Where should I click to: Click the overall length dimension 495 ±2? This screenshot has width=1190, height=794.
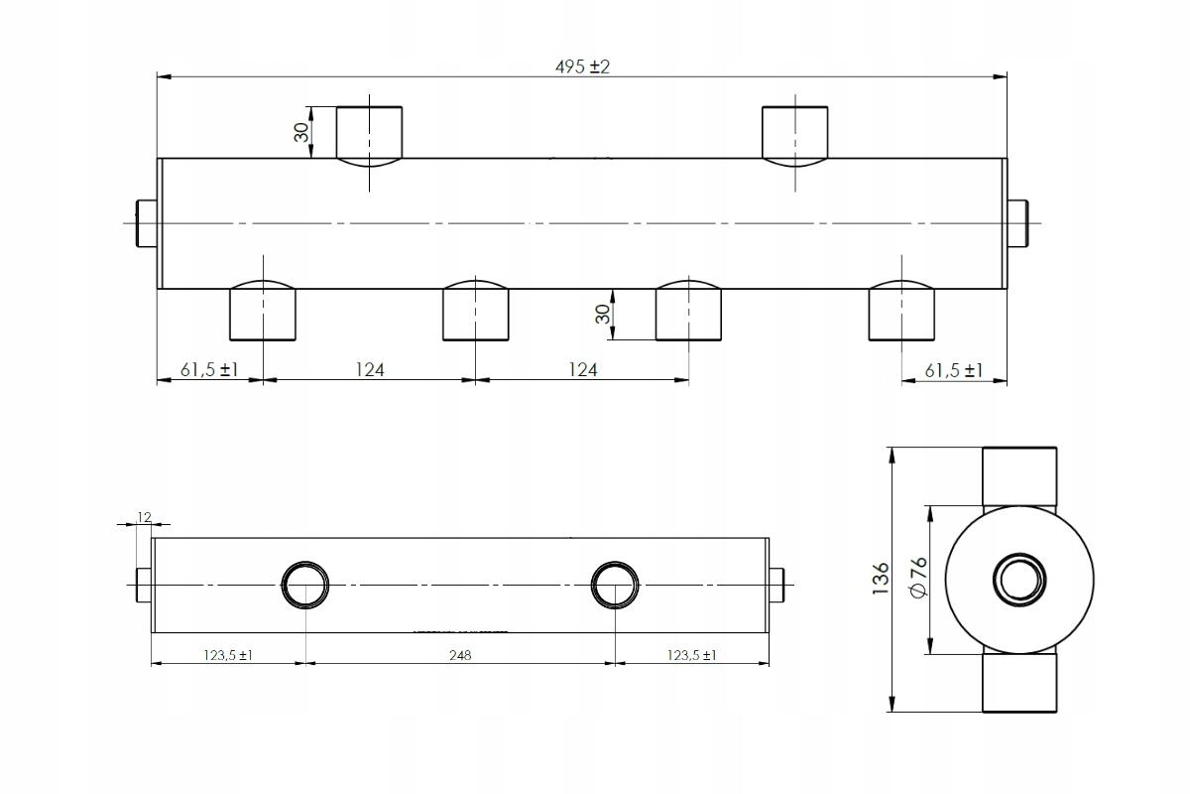point(582,67)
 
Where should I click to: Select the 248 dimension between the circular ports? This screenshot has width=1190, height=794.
point(460,655)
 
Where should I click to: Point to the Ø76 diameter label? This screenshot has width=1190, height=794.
point(918,577)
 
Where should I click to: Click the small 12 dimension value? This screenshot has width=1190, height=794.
point(145,517)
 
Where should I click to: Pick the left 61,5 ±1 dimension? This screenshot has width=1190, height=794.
point(209,370)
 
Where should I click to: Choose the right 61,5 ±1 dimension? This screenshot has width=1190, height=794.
point(953,370)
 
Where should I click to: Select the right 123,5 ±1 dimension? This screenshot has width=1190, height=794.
point(691,655)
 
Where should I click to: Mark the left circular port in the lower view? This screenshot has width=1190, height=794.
point(305,584)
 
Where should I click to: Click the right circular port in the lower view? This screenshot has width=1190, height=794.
point(615,584)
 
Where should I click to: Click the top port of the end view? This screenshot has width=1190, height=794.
point(1020,476)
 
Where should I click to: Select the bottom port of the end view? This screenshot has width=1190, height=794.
point(1020,683)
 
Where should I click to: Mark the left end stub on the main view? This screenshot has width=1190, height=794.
point(146,222)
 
